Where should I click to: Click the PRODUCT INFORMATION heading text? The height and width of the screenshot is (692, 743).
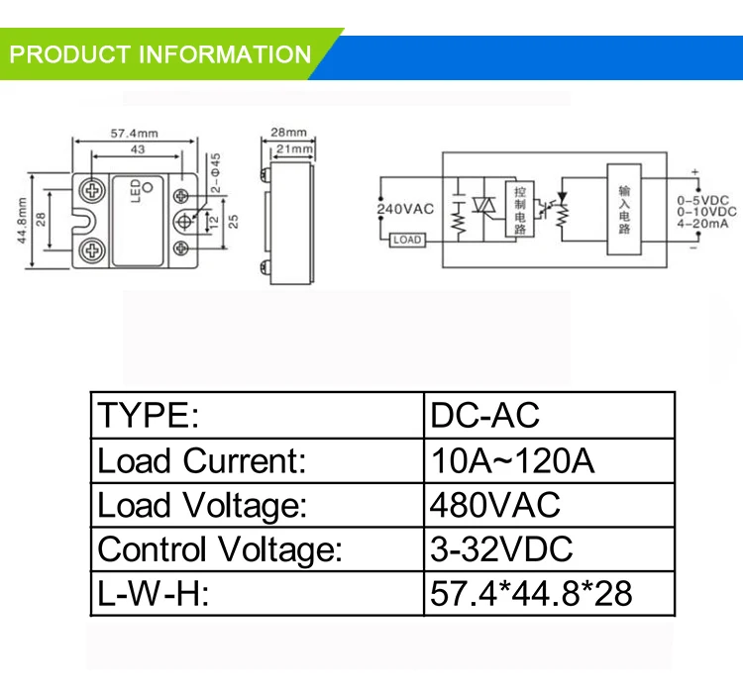(160, 54)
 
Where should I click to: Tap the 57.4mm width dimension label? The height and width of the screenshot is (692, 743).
(135, 133)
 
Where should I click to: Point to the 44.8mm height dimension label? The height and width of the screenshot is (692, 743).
(22, 221)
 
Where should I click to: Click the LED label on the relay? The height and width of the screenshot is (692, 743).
(136, 191)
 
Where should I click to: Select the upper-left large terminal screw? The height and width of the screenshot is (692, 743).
(92, 191)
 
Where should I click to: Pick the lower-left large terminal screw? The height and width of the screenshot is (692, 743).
(92, 249)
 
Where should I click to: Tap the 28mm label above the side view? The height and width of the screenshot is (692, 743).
(288, 132)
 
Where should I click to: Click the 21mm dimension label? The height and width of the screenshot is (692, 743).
(294, 148)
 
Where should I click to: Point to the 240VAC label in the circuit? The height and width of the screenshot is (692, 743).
(405, 209)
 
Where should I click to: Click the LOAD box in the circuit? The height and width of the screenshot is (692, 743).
(407, 241)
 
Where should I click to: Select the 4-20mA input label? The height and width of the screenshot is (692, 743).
(702, 223)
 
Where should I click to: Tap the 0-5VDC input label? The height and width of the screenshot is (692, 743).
(702, 200)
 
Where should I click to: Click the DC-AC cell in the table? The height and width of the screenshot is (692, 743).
(484, 415)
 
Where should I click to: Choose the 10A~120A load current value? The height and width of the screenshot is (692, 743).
(512, 460)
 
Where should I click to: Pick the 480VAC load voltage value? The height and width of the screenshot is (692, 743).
(494, 505)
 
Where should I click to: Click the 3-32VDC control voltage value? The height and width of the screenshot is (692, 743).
(501, 549)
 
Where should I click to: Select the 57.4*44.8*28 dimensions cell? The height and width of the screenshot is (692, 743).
(531, 593)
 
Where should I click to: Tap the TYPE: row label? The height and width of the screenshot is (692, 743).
(149, 415)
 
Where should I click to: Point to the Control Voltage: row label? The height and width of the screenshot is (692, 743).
(220, 550)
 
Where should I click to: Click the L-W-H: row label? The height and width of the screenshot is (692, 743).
(153, 593)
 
